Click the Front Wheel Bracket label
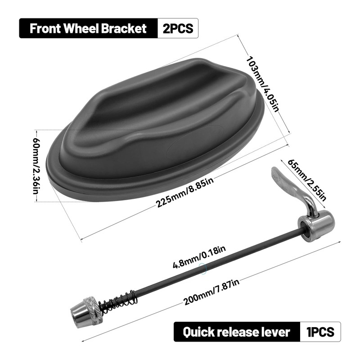[88, 28]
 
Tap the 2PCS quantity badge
[178, 28]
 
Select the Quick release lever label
[236, 332]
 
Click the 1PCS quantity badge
[320, 332]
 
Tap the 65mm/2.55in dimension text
[306, 180]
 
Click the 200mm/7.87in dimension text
[212, 293]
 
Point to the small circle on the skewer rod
[203, 269]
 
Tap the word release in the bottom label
[240, 332]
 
